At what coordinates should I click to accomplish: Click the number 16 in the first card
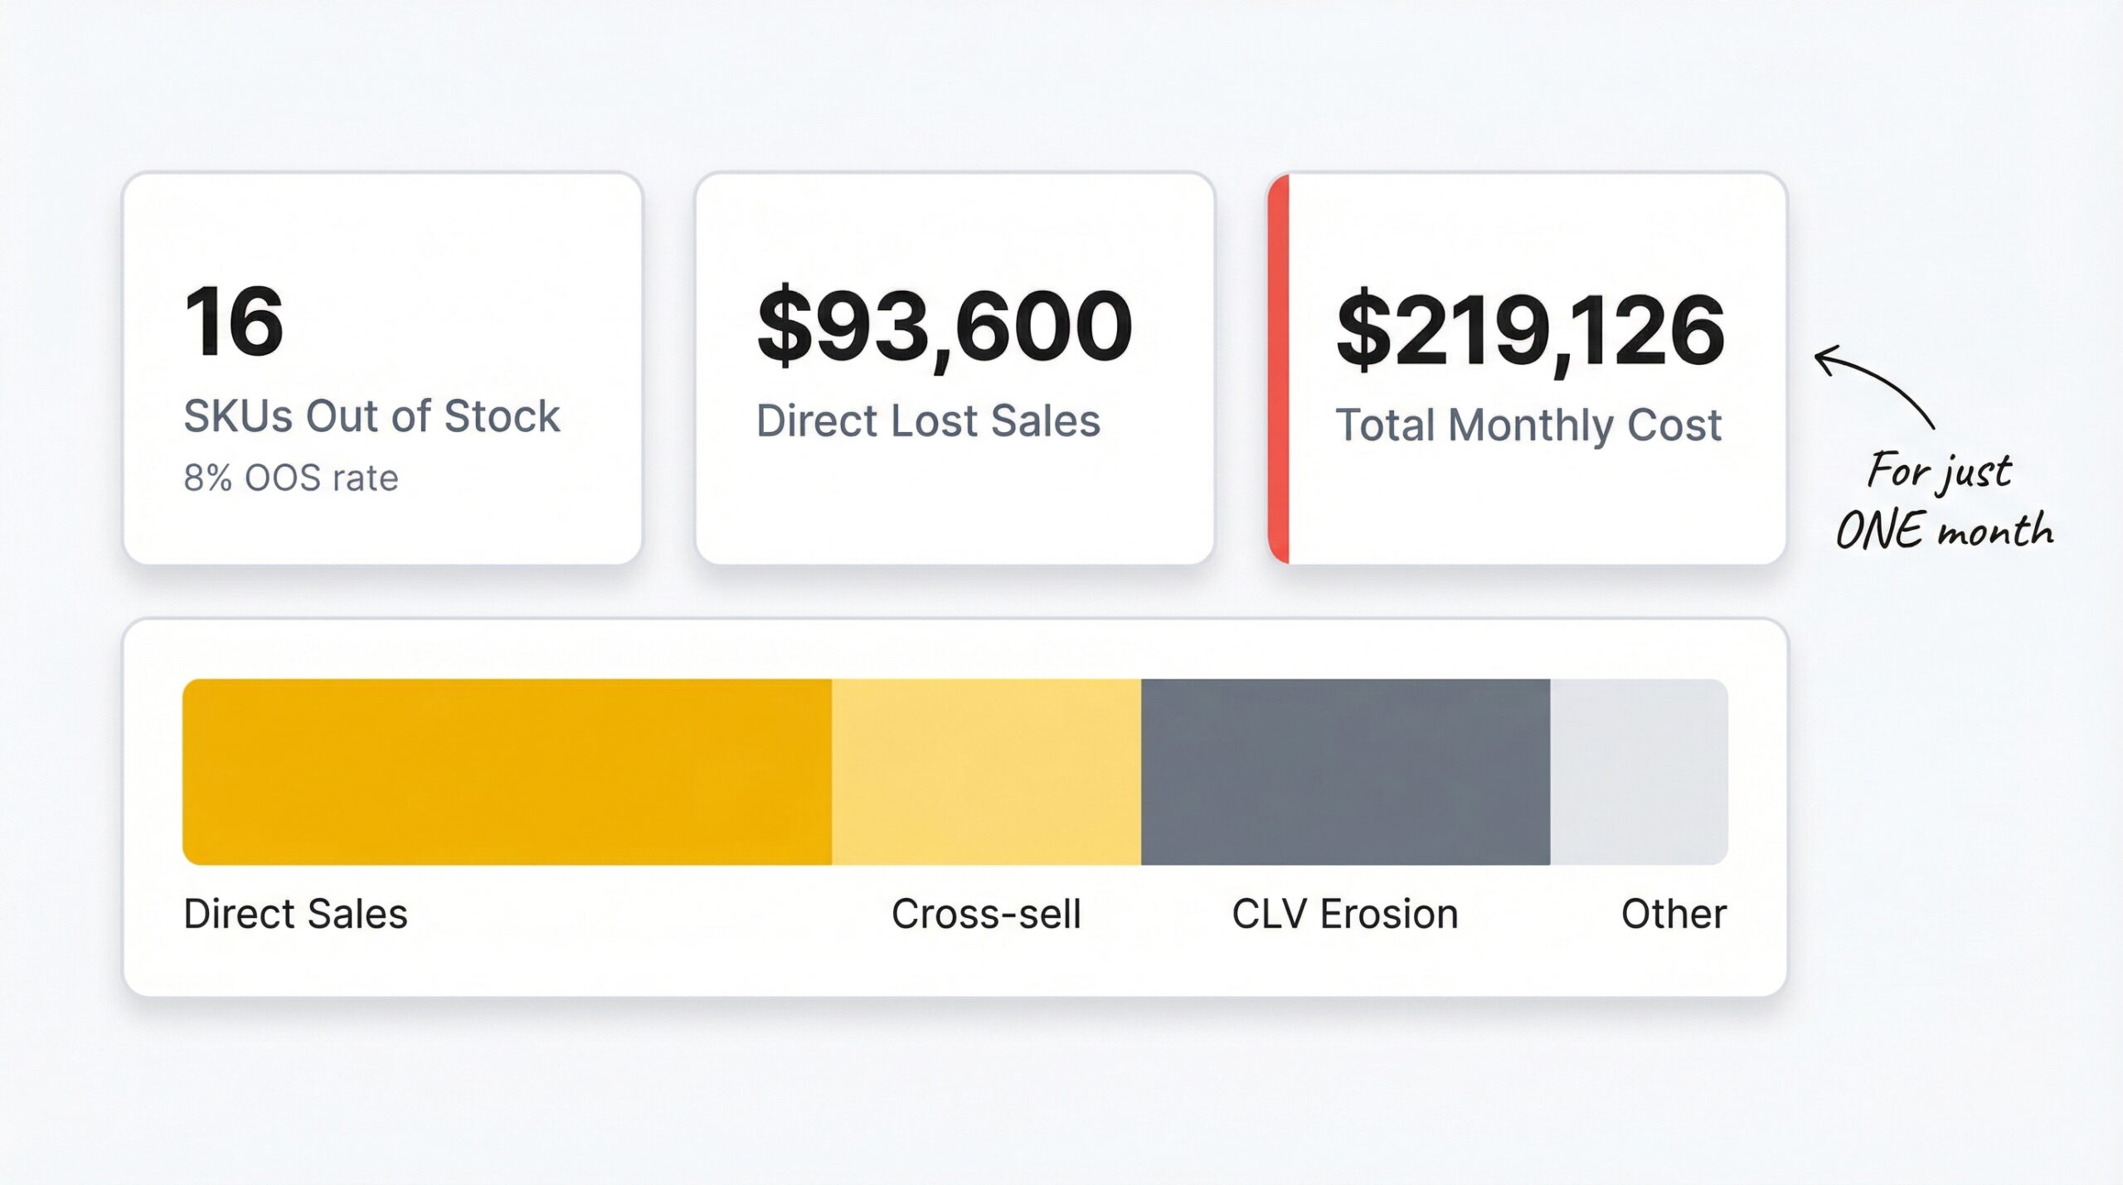(234, 322)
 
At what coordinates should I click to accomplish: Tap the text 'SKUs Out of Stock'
(372, 416)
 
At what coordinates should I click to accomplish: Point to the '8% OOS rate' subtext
(291, 478)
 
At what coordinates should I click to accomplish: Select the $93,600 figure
(945, 327)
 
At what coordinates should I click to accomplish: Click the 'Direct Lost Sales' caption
(928, 421)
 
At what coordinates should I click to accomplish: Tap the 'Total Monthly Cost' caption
(1528, 425)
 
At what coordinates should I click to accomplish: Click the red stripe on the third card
(1279, 369)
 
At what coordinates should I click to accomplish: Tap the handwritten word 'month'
(1996, 531)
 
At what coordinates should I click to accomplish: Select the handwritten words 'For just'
(1939, 472)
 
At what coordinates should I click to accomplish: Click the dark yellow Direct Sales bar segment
(507, 772)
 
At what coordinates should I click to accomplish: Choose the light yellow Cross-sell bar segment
(986, 772)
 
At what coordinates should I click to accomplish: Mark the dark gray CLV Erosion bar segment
(1345, 772)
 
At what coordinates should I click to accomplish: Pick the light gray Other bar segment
(1639, 772)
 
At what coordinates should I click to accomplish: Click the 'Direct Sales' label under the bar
(295, 915)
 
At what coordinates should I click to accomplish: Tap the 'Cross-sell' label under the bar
(986, 915)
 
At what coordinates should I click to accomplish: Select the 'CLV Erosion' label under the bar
(1345, 915)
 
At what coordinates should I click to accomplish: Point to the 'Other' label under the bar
(1674, 915)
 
